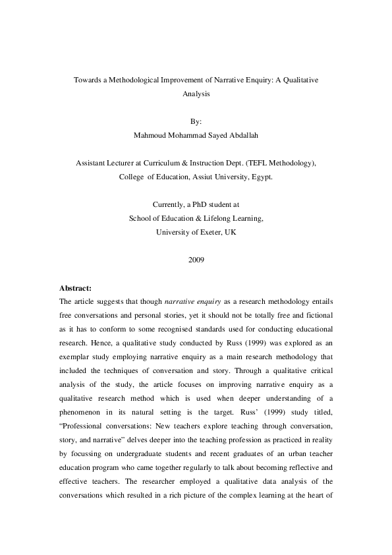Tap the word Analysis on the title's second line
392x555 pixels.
(196, 94)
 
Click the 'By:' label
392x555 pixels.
(196, 122)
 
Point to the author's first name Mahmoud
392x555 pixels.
(148, 136)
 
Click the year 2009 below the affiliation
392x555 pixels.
(196, 260)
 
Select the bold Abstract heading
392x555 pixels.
(75, 288)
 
